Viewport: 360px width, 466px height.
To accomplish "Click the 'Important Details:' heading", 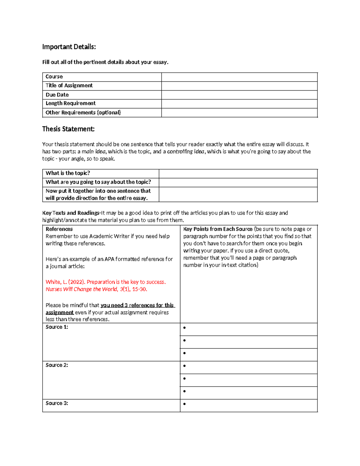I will [x=69, y=47].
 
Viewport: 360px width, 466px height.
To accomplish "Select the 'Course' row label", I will [x=54, y=77].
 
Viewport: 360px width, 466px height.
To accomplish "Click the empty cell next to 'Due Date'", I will [x=239, y=95].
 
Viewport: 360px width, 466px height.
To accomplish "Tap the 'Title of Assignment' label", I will [x=69, y=86].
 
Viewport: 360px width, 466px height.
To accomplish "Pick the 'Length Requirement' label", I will [x=70, y=103].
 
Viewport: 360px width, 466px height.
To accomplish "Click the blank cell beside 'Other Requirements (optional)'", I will [x=239, y=113].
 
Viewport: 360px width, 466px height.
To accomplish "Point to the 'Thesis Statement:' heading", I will [x=68, y=129].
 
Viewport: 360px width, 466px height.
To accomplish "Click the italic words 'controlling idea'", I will [x=186, y=152].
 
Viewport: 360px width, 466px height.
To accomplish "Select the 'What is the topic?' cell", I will [x=68, y=173].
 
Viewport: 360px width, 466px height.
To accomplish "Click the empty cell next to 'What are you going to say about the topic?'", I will [x=238, y=182].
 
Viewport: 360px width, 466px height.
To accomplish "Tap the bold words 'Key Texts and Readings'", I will [x=71, y=213].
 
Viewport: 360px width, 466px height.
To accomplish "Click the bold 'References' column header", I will [x=59, y=229].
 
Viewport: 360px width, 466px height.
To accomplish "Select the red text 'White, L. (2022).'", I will [x=65, y=282].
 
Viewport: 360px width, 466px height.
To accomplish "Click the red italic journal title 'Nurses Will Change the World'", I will [x=81, y=289].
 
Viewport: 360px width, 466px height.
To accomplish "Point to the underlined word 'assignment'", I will [x=59, y=312].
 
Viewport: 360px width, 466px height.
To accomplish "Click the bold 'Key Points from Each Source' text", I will [x=218, y=229].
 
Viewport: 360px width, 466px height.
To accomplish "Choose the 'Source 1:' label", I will [x=57, y=327].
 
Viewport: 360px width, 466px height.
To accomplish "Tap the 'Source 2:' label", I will [x=57, y=365].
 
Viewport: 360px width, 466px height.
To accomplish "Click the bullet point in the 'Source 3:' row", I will [x=184, y=404].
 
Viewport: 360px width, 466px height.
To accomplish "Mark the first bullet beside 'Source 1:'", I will [x=184, y=328].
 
